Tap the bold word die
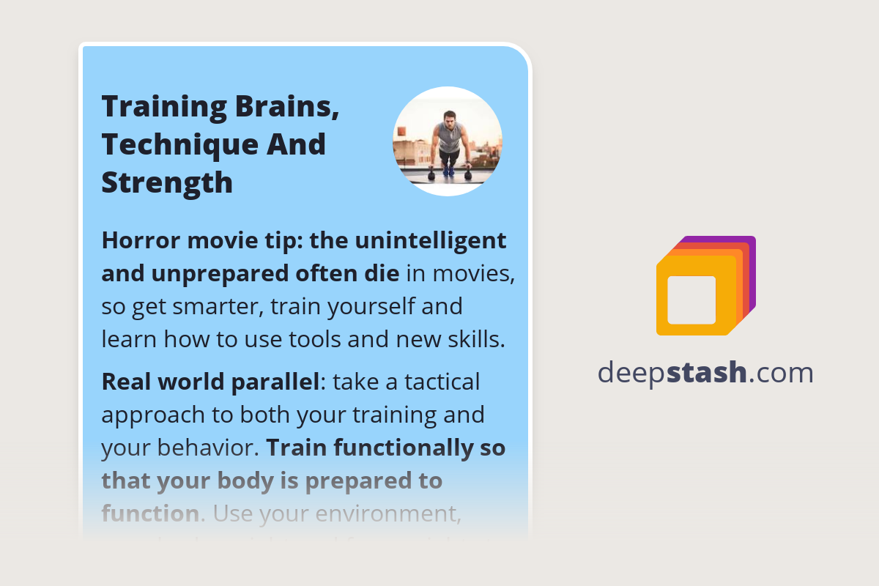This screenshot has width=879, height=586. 383,273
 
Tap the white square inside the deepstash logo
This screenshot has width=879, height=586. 691,300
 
